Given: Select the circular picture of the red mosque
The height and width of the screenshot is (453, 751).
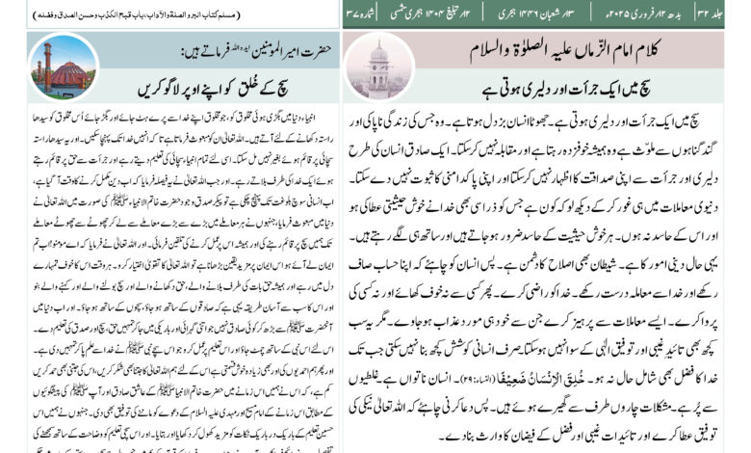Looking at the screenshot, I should pyautogui.click(x=56, y=66).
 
